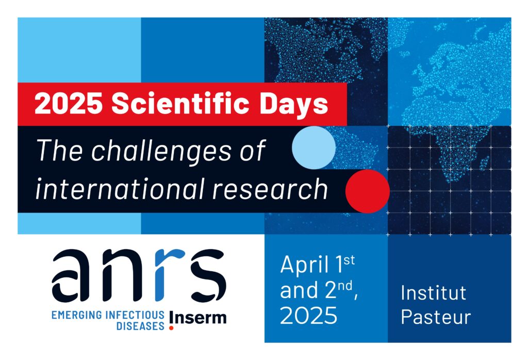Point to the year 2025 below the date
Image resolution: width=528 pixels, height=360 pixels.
pyautogui.click(x=308, y=315)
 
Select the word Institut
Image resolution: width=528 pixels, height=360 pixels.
pyautogui.click(x=433, y=293)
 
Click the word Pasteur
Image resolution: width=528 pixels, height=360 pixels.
pyautogui.click(x=436, y=317)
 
